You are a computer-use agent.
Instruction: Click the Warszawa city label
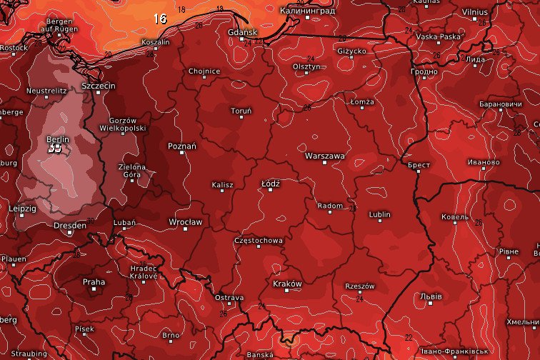point(324,155)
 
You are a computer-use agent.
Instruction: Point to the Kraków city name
point(288,284)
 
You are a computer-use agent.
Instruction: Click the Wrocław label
point(185,221)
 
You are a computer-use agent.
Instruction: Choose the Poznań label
point(181,145)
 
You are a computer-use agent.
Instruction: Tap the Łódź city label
point(271,184)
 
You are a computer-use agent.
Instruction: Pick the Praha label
point(94,281)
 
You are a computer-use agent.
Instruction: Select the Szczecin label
point(99,86)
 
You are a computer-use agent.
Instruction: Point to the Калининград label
point(307,10)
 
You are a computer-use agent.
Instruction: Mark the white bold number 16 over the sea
point(160,19)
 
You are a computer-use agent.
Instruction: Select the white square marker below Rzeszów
point(359,294)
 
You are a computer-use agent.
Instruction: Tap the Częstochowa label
point(259,241)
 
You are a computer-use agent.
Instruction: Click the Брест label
point(419,164)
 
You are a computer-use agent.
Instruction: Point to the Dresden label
point(70,226)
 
